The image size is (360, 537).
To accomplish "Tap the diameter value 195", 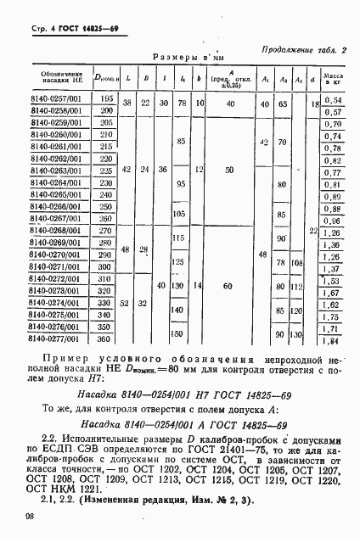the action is point(106,99).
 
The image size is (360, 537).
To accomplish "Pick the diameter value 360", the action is point(106,338).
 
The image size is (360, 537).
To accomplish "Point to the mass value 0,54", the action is point(333,99).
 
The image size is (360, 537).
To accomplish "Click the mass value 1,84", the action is point(333,340).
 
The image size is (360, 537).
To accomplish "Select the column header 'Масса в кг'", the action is point(333,79).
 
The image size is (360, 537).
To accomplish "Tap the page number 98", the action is point(18,516).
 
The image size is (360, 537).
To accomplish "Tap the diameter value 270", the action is point(106,230).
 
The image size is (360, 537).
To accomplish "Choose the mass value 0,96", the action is point(333,219).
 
